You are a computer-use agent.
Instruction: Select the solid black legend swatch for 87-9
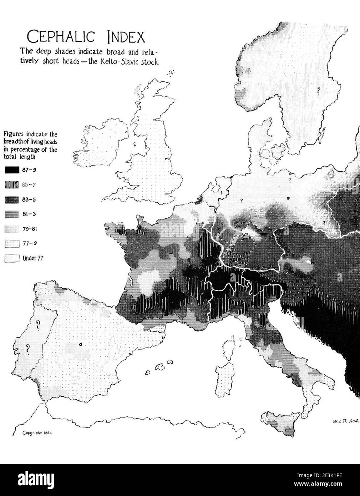pyautogui.click(x=12, y=170)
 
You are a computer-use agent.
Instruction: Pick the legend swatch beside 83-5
pyautogui.click(x=12, y=199)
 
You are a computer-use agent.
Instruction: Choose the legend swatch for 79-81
pyautogui.click(x=12, y=229)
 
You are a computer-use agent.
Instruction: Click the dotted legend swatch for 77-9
pyautogui.click(x=12, y=243)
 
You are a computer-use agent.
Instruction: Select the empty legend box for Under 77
pyautogui.click(x=12, y=258)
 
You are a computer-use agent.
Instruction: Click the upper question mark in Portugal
pyautogui.click(x=36, y=325)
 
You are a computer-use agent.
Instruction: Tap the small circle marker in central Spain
pyautogui.click(x=81, y=344)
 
